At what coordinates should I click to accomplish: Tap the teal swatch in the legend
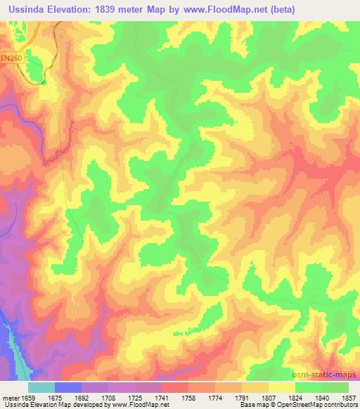tap(41, 387)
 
